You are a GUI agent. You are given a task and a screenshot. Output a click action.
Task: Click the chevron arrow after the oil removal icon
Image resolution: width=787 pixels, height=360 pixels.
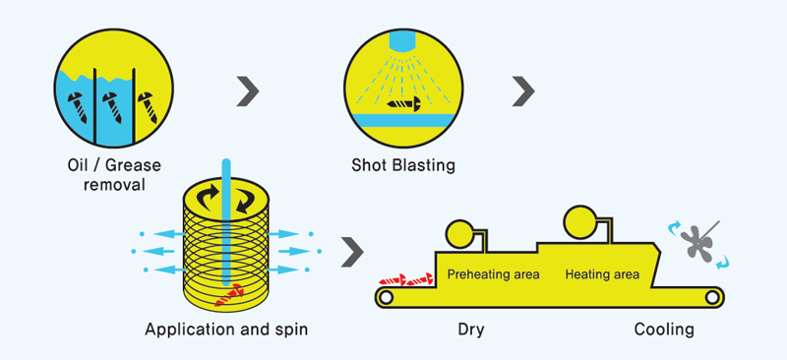pos(248,91)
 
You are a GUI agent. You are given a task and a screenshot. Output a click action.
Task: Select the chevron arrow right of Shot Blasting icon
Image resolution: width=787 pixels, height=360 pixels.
pos(523,91)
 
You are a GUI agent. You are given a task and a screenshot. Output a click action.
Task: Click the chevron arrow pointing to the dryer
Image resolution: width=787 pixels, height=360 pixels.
pos(351,252)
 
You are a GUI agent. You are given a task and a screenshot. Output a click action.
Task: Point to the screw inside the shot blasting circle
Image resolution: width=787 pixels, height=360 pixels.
pos(404,101)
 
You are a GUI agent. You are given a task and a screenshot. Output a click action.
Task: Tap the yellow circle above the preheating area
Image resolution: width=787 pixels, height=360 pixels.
pos(458,233)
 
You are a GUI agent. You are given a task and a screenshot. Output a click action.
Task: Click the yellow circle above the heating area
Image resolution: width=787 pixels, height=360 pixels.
pos(577,220)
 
